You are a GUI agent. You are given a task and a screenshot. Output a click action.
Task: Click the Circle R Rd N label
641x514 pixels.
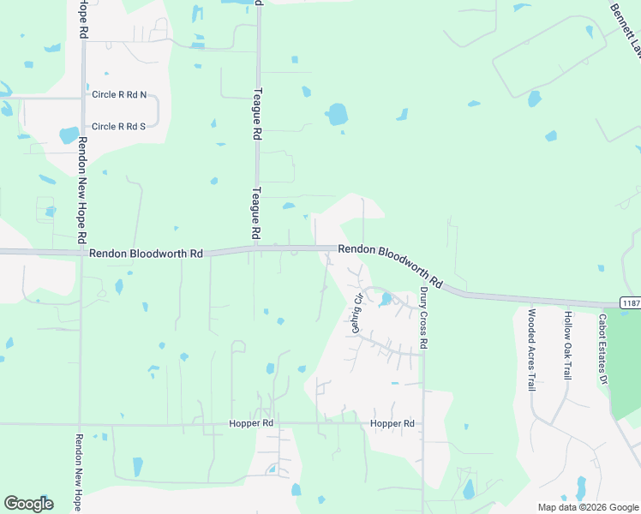pos(119,94)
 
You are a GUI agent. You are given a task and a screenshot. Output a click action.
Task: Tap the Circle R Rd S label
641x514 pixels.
pos(119,127)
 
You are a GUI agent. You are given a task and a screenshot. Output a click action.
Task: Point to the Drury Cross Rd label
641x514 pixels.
pos(423,318)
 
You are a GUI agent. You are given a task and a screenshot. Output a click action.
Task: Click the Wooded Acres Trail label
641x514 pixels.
pos(531,350)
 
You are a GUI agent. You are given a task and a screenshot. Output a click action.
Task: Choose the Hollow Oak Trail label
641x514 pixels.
pos(567,344)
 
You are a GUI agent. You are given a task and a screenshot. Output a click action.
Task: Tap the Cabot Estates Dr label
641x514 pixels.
pos(602,350)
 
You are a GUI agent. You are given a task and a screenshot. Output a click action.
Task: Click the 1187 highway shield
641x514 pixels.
pos(631,303)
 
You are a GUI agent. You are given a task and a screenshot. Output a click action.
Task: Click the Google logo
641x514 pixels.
pos(28,504)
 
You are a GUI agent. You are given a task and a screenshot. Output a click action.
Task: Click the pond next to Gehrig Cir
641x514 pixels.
pos(386,299)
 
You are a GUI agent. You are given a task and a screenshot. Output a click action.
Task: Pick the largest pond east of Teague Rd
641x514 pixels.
pos(337,115)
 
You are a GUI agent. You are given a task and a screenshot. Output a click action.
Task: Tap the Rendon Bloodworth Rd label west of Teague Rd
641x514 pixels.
pos(146,254)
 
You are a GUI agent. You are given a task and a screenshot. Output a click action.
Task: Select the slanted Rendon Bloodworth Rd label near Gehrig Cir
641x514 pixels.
pos(390,265)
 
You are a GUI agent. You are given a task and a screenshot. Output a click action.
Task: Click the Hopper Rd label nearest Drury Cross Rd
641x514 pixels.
pos(392,424)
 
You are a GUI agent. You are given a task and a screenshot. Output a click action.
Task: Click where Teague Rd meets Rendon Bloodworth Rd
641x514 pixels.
pos(256,250)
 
